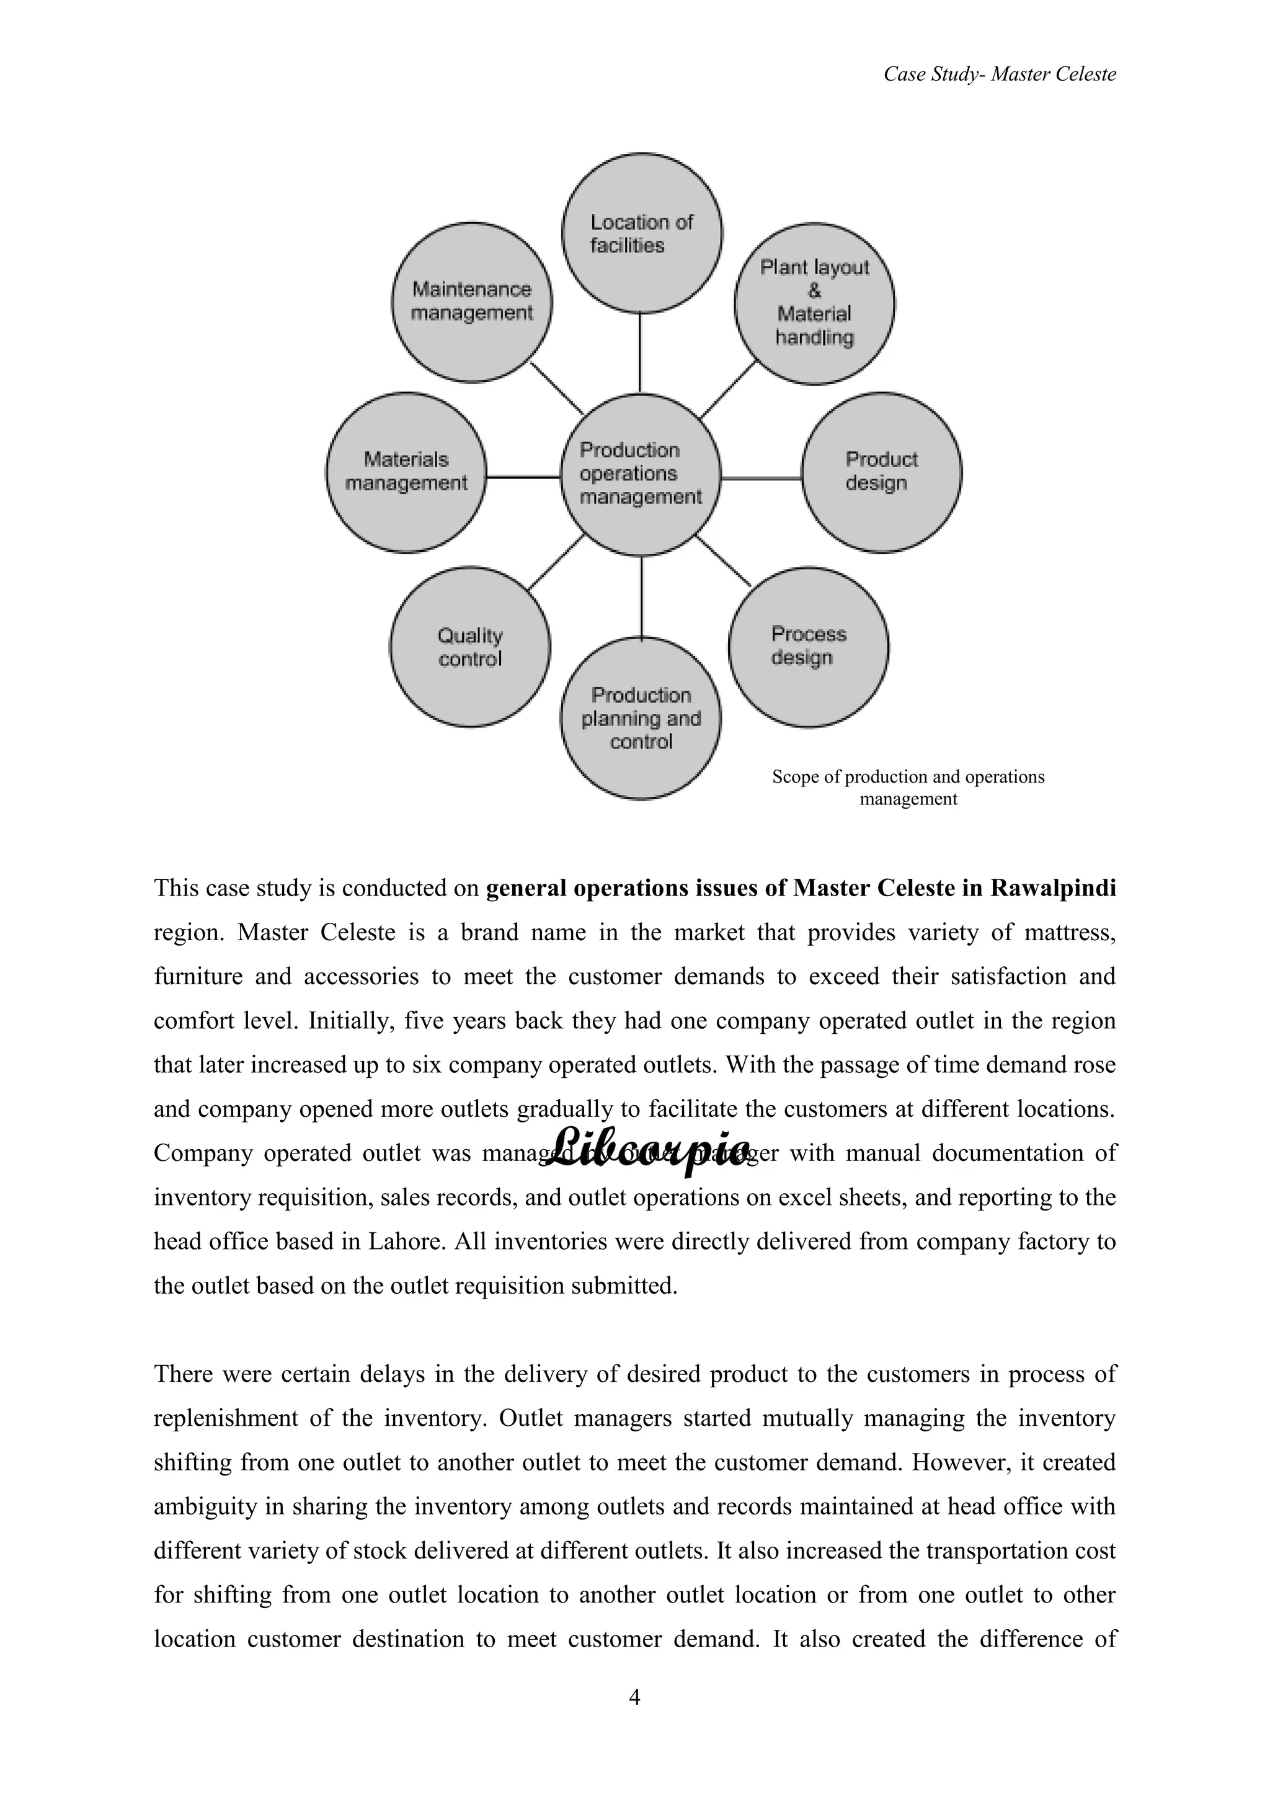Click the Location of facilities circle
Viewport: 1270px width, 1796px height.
click(641, 233)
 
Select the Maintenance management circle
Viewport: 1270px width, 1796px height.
click(471, 302)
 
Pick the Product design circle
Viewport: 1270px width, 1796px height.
click(881, 472)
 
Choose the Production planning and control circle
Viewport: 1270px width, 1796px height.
click(641, 718)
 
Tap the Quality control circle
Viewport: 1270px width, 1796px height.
click(470, 647)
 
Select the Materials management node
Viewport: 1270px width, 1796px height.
click(406, 472)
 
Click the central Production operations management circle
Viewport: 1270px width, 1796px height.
click(641, 474)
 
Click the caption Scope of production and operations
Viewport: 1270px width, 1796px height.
click(907, 776)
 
